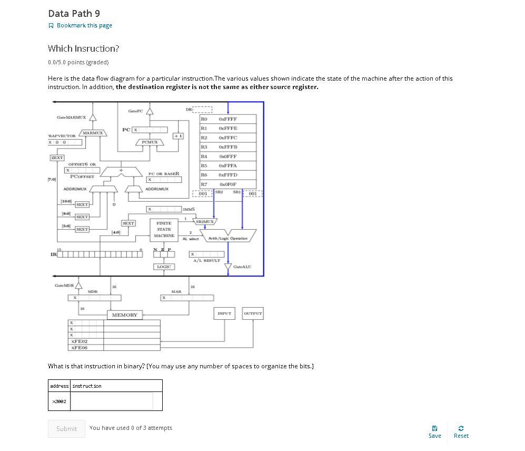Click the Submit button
point(66,428)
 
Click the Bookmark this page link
point(84,25)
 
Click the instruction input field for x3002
point(112,401)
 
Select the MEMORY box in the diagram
point(124,315)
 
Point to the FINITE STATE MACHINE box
point(164,229)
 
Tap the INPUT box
point(224,313)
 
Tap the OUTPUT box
point(253,313)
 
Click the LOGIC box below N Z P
point(164,267)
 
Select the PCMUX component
point(150,142)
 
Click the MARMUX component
point(93,133)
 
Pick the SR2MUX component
point(205,222)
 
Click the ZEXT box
point(57,158)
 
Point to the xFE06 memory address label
point(79,348)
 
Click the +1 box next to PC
point(177,136)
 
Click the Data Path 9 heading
point(74,13)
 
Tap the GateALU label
point(242,267)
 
